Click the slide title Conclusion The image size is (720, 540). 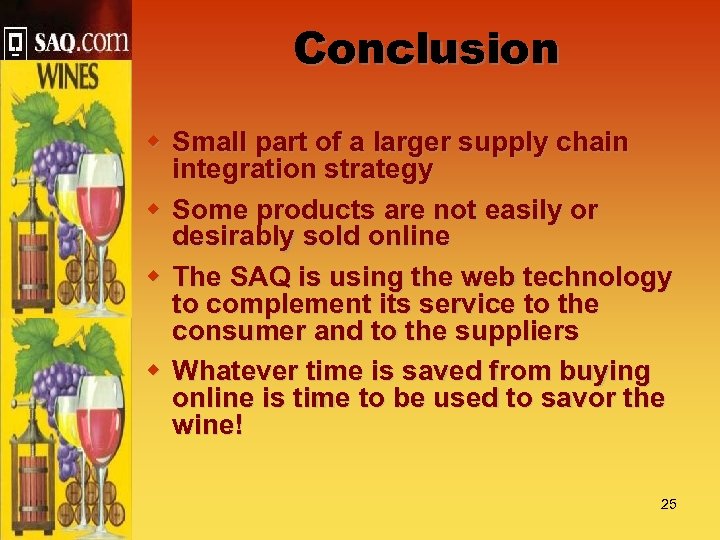(x=426, y=48)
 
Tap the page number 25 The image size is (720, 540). (x=668, y=504)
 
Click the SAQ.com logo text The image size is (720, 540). (x=80, y=42)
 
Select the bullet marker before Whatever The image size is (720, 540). (x=155, y=370)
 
